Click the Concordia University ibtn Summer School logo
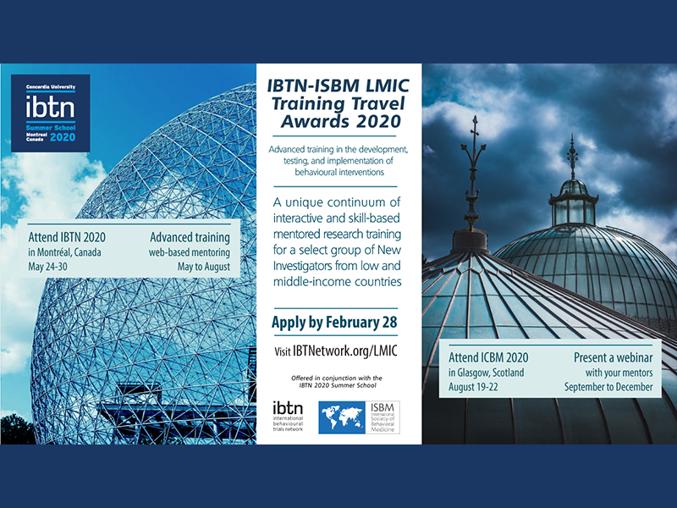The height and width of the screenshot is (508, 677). click(51, 113)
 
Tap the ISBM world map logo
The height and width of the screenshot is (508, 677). click(359, 417)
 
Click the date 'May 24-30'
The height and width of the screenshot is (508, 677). click(48, 267)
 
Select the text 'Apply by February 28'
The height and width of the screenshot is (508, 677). click(334, 323)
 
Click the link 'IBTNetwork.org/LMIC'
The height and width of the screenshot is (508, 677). click(345, 351)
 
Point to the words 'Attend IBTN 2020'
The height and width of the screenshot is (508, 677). click(67, 237)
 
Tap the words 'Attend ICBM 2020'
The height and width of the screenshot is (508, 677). click(488, 357)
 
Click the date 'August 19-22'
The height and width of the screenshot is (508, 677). click(473, 387)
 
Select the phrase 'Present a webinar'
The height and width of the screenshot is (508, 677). click(613, 357)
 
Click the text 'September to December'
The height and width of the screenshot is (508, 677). click(608, 387)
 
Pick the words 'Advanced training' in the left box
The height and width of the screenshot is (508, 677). click(190, 237)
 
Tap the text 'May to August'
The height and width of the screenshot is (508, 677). click(204, 267)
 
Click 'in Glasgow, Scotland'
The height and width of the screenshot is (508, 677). click(486, 373)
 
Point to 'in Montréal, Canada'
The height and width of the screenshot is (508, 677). click(65, 251)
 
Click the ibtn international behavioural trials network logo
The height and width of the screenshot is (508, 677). click(288, 417)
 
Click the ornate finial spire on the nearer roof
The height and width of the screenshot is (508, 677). click(474, 173)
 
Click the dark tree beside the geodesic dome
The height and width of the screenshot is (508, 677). click(17, 429)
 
